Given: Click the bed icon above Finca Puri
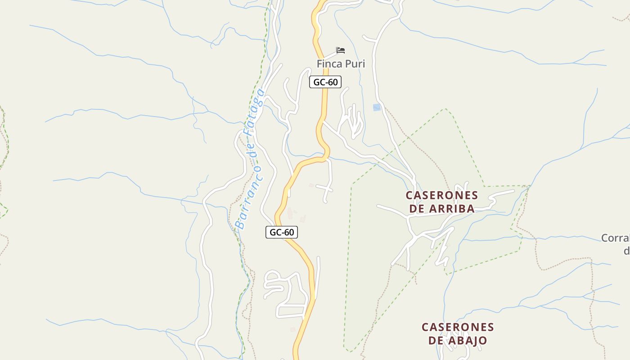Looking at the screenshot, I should (341, 50).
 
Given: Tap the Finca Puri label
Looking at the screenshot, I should (341, 64).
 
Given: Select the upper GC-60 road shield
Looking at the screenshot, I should (325, 82).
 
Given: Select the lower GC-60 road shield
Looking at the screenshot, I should (282, 232).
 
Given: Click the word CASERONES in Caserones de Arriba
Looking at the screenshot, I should (441, 195).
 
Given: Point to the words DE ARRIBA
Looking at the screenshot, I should (441, 208).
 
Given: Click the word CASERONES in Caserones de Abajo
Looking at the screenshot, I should (458, 327).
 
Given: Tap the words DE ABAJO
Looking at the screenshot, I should (458, 340).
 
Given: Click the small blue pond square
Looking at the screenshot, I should (377, 107).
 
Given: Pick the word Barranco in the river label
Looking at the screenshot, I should (249, 198).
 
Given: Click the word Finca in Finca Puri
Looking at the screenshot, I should (329, 64).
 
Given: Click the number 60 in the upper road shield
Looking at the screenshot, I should (332, 82).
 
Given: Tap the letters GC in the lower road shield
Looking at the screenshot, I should (275, 232).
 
